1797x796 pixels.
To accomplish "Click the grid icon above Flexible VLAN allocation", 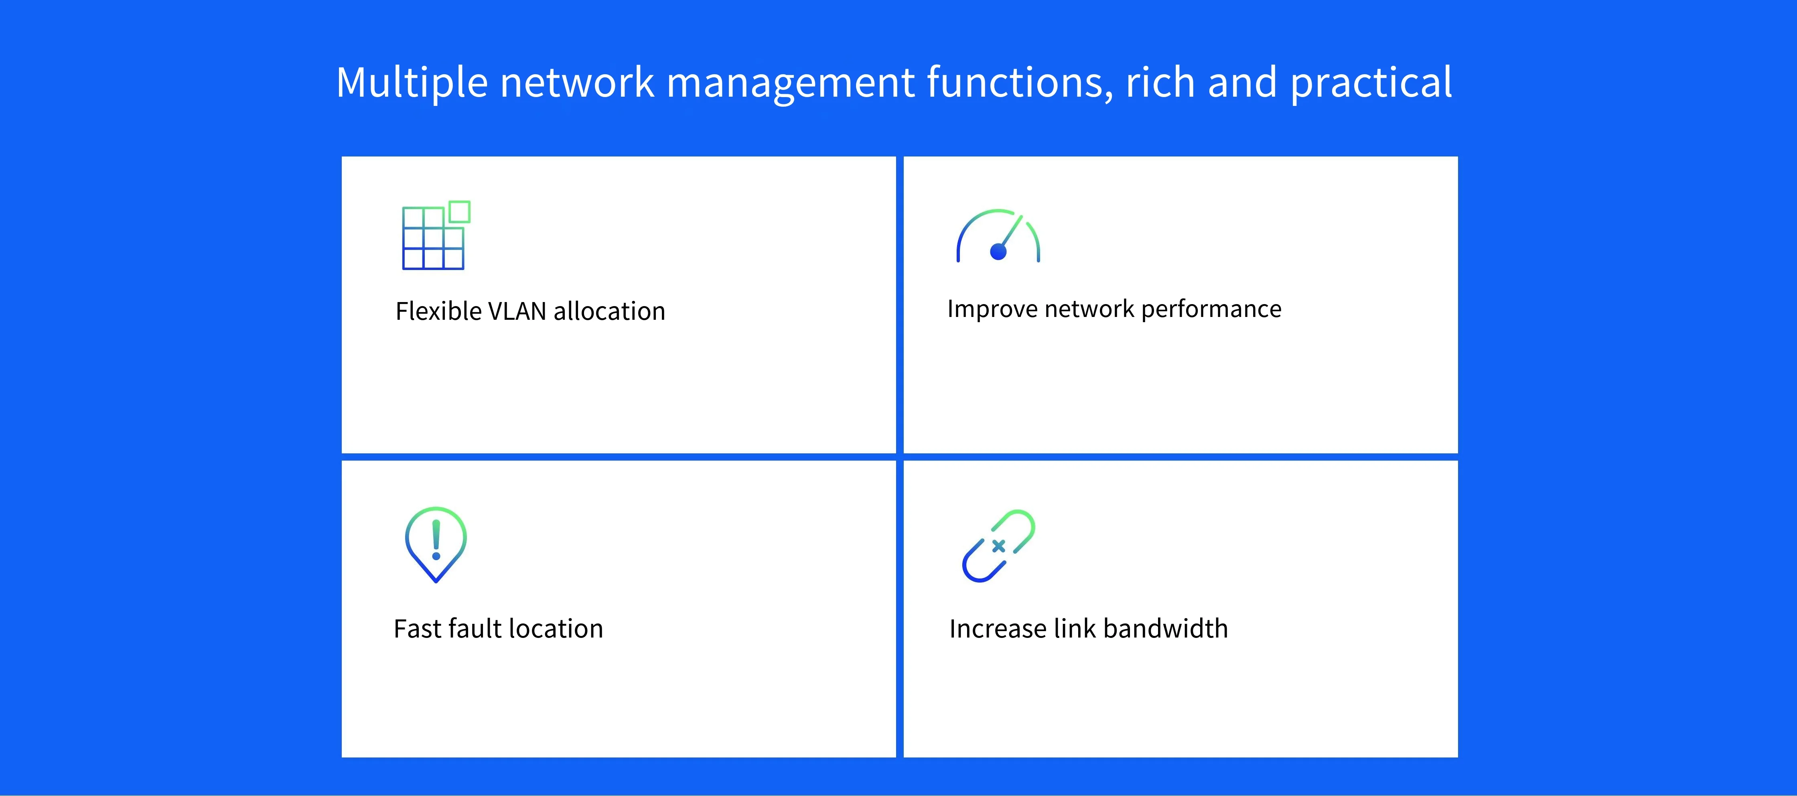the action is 436,235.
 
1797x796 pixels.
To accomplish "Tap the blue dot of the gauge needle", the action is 998,252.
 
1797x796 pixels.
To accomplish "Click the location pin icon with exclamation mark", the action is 436,544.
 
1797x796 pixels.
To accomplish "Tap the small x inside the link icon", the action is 998,546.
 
